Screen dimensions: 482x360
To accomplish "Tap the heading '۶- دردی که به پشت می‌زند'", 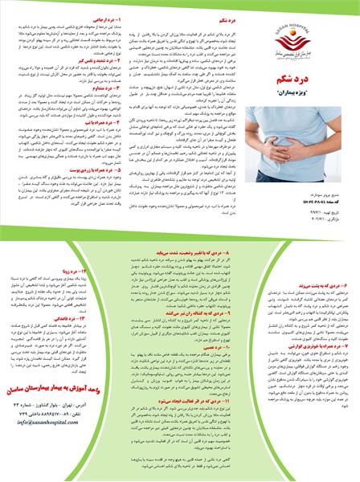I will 321,262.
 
